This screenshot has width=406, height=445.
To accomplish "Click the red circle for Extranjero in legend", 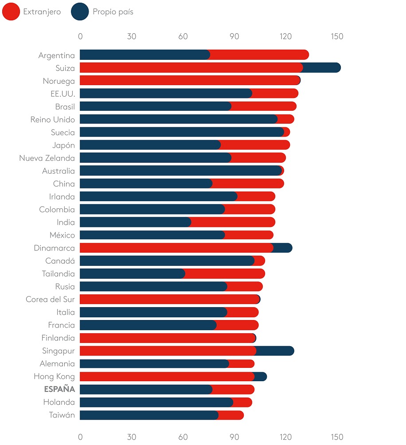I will (11, 12).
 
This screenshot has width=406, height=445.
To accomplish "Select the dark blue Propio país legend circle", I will (80, 12).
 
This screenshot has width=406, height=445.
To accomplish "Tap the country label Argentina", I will (57, 55).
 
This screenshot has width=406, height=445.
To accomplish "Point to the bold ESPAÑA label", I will (59, 390).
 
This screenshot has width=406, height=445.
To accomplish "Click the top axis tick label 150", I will (336, 37).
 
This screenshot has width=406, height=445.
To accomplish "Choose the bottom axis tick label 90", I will (234, 437).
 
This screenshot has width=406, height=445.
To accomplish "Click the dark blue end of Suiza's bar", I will (322, 68).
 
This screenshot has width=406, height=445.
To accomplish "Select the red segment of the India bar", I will (233, 222).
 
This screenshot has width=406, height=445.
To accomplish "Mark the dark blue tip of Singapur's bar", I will (275, 351).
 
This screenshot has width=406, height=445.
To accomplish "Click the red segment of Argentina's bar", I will (259, 55).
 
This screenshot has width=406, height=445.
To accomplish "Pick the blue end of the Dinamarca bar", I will (282, 248).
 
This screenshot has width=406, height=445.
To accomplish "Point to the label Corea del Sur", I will (50, 299).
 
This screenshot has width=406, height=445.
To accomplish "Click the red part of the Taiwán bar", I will (230, 415).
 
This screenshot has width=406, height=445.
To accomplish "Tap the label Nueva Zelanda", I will (47, 158).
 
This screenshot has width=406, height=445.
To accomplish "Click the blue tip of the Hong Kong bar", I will (261, 376).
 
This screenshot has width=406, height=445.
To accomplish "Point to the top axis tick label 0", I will (80, 37).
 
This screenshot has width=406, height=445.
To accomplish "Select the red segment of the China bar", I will (248, 183).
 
